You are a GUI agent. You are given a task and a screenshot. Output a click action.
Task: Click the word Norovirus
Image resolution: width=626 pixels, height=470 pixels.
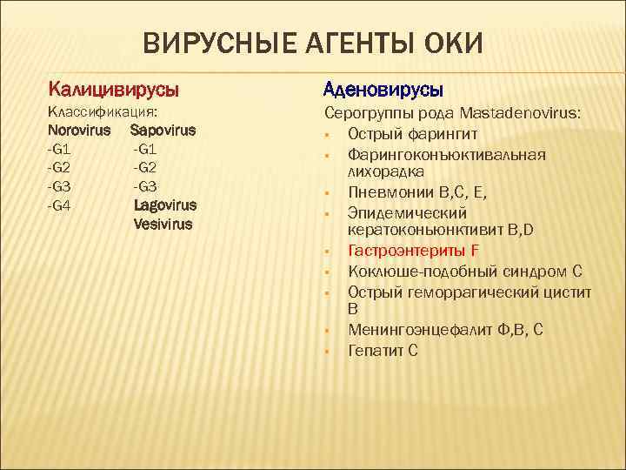click(80, 131)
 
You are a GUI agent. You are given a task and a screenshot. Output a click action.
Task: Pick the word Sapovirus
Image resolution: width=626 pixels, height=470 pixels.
click(163, 131)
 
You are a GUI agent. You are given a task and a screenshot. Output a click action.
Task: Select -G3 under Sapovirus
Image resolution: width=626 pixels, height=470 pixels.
click(145, 185)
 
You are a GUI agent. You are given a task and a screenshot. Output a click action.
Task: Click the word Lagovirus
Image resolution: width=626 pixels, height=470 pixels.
click(165, 205)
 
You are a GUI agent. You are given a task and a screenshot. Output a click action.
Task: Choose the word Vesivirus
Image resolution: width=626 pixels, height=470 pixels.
click(163, 224)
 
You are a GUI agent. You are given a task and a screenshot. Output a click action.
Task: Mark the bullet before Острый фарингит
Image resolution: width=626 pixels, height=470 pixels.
click(329, 135)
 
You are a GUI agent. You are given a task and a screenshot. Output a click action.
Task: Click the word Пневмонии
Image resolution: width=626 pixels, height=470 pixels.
click(388, 191)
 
